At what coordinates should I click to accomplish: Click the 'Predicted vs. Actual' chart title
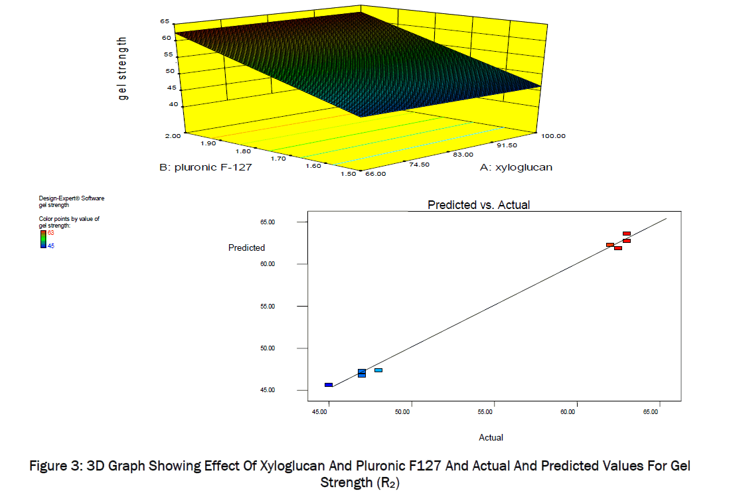479,205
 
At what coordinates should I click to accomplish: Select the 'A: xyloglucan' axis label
516,168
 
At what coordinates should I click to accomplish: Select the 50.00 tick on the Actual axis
402,412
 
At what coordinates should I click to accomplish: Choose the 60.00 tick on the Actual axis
568,412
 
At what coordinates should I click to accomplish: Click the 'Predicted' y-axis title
246,248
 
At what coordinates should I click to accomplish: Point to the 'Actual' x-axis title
491,438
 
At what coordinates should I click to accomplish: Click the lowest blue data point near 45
329,385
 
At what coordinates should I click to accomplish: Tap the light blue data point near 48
378,370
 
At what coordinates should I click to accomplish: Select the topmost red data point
627,234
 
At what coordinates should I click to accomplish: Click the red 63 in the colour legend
50,232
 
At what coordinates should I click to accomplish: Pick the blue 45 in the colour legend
50,247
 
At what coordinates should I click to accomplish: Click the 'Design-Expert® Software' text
72,198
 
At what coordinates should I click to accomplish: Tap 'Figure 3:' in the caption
55,466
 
